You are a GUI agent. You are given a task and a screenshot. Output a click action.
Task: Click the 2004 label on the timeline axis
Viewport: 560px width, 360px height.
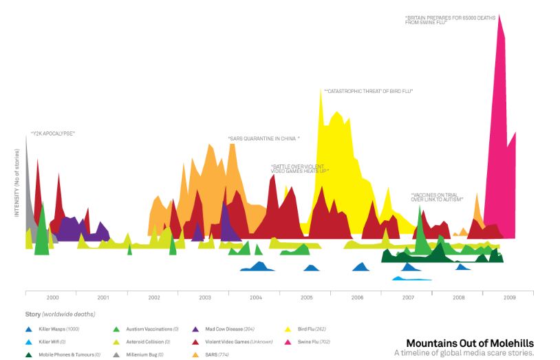tap(255, 297)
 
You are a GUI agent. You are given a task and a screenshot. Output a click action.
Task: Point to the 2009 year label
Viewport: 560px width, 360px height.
tap(509, 297)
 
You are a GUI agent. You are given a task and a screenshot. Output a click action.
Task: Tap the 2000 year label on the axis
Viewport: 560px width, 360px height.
tap(52, 297)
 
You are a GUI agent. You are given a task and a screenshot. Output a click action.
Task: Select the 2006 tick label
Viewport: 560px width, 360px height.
tap(356, 297)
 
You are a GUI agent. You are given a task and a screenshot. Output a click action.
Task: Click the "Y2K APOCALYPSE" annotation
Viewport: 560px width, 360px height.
tap(52, 134)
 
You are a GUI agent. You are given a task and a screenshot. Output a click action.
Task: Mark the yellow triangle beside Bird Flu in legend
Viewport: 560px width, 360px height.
tap(287, 329)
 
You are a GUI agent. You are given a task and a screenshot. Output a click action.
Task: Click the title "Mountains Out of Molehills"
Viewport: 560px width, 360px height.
tap(469, 343)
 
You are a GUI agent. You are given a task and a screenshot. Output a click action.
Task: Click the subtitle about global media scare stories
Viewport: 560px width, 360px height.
tap(464, 353)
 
